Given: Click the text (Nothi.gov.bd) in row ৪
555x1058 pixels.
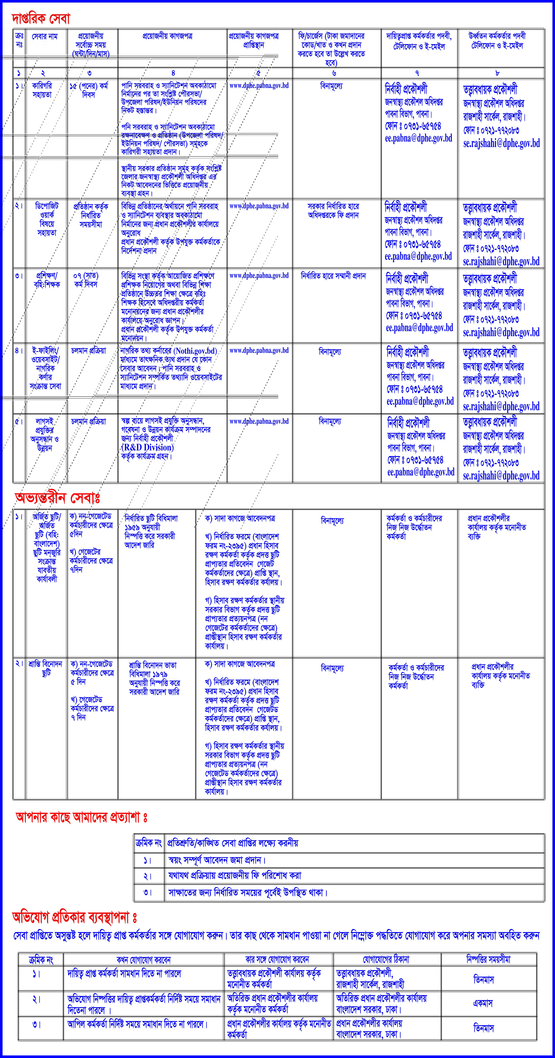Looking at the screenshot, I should (195, 351).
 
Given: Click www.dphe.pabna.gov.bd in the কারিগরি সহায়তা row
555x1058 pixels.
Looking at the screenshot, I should (259, 86).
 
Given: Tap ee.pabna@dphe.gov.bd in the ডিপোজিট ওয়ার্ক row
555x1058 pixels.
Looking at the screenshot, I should (418, 256).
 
